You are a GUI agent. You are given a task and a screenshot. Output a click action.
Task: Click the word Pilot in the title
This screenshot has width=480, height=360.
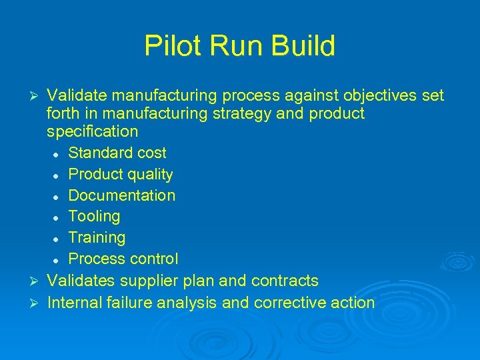point(168,47)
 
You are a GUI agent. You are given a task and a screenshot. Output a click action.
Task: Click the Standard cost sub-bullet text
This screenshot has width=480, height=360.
point(117,153)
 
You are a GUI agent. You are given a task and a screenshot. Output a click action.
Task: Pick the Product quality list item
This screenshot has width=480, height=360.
point(121,175)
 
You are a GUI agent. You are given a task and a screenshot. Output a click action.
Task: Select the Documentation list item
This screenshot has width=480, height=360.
point(122,195)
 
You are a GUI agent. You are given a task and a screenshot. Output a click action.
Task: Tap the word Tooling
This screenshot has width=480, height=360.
point(95,217)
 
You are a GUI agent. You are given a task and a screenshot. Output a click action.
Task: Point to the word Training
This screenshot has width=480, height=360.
point(97,237)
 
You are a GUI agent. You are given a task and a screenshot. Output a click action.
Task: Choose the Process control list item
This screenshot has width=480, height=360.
point(123,259)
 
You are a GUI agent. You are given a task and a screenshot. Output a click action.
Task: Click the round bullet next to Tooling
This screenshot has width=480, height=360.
point(59,217)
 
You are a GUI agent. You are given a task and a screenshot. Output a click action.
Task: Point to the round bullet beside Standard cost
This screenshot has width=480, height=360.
point(59,154)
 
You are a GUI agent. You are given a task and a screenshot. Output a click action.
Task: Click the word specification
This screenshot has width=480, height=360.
point(93,132)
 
